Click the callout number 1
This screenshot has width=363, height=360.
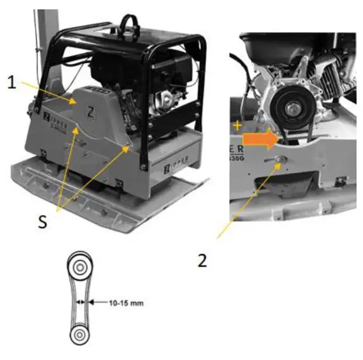[11, 82]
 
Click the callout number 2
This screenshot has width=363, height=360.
[202, 260]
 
